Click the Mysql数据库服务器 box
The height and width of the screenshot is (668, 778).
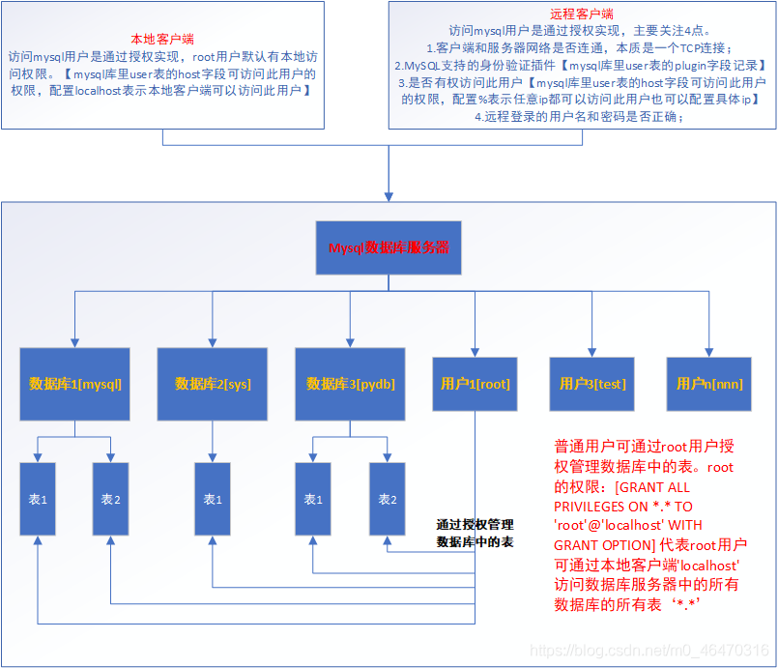point(389,247)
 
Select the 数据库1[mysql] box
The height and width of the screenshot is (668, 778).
point(75,383)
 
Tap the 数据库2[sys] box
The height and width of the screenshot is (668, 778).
point(213,383)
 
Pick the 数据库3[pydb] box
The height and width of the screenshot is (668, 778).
point(351,383)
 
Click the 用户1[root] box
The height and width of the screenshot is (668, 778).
point(475,383)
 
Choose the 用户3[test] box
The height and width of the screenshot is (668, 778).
point(592,383)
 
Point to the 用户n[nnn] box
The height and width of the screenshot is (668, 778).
point(709,383)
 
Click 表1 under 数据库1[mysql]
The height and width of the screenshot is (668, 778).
point(38,499)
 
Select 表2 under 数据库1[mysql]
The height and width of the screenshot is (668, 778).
point(110,499)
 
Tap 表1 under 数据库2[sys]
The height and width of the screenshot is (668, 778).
point(213,499)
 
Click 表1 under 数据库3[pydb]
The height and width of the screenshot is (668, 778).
point(313,499)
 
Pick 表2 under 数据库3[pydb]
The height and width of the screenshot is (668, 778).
point(388,499)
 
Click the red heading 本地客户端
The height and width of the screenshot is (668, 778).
point(161,40)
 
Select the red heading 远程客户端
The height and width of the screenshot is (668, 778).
point(583,15)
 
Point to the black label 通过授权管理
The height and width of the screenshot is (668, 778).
point(475,524)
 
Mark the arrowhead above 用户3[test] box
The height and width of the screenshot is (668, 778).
point(592,351)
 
